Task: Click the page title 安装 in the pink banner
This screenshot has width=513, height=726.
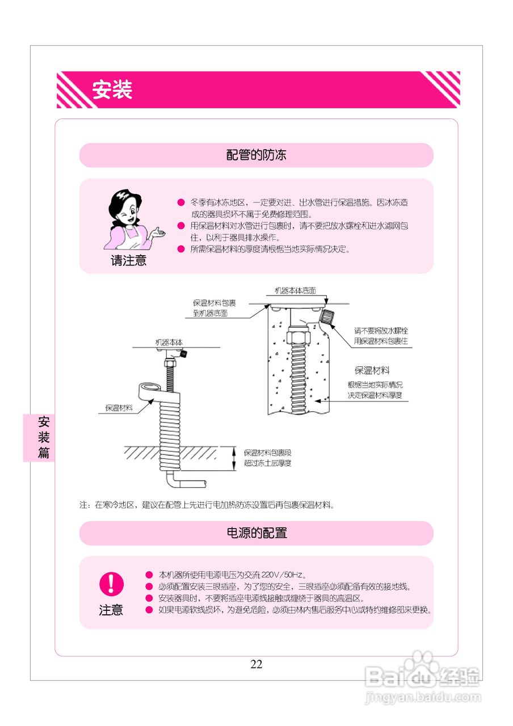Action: (112, 90)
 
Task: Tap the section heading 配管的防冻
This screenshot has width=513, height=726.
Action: (256, 155)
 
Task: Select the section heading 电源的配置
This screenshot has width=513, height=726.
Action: (256, 533)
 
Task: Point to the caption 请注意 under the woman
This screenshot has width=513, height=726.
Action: (128, 261)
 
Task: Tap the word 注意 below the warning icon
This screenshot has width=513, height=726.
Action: (111, 610)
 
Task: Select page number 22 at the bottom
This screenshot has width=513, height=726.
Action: (256, 664)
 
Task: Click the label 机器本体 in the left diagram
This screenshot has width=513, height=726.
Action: (169, 342)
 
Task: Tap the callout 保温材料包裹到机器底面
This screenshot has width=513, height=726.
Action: (214, 307)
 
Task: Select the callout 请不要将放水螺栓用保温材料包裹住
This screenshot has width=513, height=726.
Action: (381, 335)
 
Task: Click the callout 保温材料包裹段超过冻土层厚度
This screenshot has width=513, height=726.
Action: (267, 458)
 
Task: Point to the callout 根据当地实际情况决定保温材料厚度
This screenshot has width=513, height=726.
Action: (375, 390)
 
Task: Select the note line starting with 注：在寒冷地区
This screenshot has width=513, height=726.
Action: (207, 504)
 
